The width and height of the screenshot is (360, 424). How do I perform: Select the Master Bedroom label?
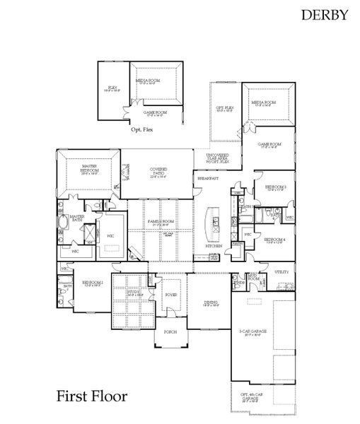click(x=90, y=168)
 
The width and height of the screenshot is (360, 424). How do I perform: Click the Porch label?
click(x=170, y=331)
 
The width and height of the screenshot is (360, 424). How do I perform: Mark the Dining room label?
click(x=211, y=303)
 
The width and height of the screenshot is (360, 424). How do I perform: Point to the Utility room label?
click(x=281, y=271)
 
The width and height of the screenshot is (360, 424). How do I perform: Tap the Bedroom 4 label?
click(x=274, y=240)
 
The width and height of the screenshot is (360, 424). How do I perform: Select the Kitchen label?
click(x=214, y=245)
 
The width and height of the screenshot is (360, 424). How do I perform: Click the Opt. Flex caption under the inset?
click(x=141, y=130)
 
